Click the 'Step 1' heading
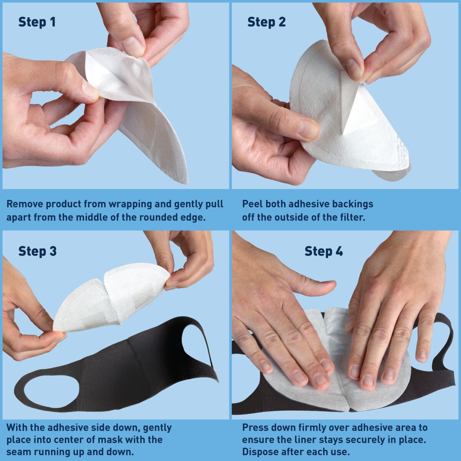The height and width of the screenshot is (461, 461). [x=37, y=22]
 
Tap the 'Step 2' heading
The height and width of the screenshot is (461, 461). [x=267, y=22]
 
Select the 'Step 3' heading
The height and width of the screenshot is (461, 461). [x=38, y=251]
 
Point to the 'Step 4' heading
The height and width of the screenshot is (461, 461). [x=324, y=251]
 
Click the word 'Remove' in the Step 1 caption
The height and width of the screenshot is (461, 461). [x=25, y=204]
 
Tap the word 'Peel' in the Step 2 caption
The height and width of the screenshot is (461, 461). [x=253, y=204]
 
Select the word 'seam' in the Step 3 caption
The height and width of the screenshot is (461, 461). [x=18, y=452]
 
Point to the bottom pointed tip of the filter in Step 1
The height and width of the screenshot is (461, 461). [x=184, y=183]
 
